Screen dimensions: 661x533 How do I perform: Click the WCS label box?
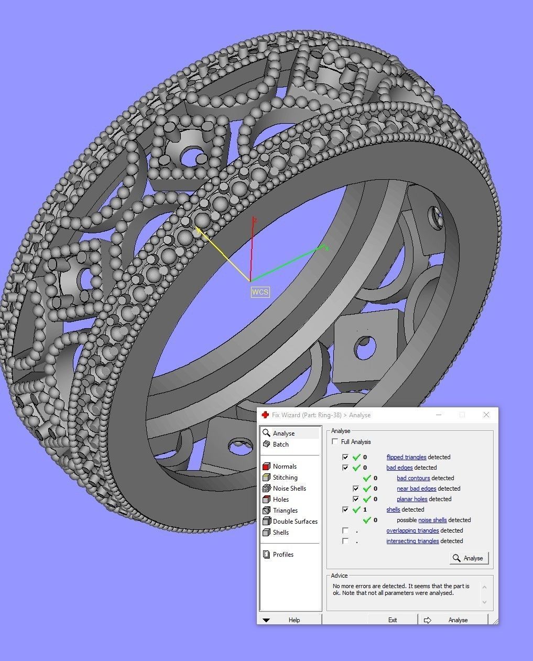coord(260,292)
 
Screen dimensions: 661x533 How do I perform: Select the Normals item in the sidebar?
coord(284,467)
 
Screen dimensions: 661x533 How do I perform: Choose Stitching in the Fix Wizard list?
coord(285,478)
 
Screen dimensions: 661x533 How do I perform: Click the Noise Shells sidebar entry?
coord(289,489)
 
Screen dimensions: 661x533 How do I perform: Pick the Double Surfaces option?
coord(295,522)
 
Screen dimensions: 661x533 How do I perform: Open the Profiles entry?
coord(282,555)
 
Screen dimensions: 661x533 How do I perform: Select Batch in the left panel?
coord(280,445)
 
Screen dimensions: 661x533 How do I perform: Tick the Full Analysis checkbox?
coord(335,442)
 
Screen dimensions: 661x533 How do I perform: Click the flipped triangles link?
coord(406,457)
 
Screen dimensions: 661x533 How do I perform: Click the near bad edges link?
coord(416,489)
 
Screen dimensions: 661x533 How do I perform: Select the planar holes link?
coord(412,499)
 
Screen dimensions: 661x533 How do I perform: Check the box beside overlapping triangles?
coord(345,530)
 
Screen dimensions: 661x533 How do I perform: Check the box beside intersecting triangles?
coord(345,541)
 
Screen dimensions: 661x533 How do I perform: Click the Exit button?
coord(392,620)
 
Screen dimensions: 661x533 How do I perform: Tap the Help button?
coord(294,620)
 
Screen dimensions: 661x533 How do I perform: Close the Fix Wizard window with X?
coord(486,415)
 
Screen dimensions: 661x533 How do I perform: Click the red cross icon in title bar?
coord(265,415)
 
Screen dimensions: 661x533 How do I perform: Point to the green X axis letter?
coord(327,248)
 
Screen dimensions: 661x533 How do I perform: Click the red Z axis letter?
coord(255,221)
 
